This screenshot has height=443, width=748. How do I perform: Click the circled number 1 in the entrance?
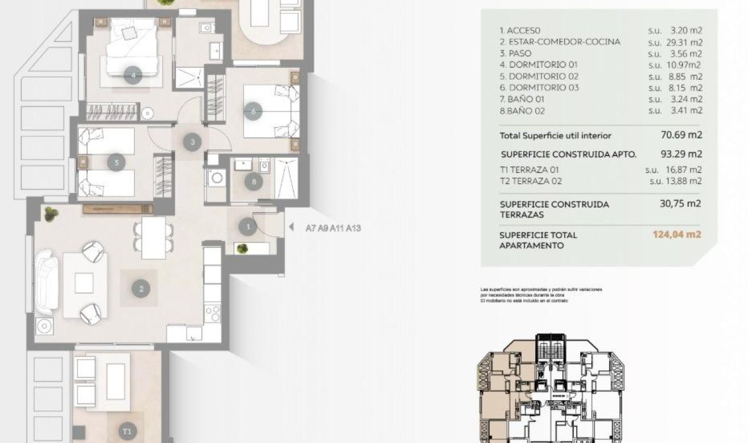[x=247, y=228]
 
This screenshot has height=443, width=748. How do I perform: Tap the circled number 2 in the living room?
[x=141, y=289]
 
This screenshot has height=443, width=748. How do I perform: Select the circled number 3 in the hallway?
[x=193, y=142]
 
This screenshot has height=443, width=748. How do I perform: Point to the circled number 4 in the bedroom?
[x=133, y=75]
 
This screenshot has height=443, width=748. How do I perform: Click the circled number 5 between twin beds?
[x=117, y=163]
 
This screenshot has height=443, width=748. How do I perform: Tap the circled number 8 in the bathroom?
[x=254, y=182]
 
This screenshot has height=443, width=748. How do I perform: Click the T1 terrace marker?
[x=127, y=431]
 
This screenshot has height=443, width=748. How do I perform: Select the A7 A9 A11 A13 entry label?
[x=333, y=228]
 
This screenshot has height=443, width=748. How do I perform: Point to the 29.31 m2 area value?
[x=683, y=42]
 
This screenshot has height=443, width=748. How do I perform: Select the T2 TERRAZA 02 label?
[x=530, y=181]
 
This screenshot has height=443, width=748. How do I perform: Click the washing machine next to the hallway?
[x=217, y=178]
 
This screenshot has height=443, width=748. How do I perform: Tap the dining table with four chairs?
[x=153, y=237]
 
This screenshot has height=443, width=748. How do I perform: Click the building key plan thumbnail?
[x=551, y=387]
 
